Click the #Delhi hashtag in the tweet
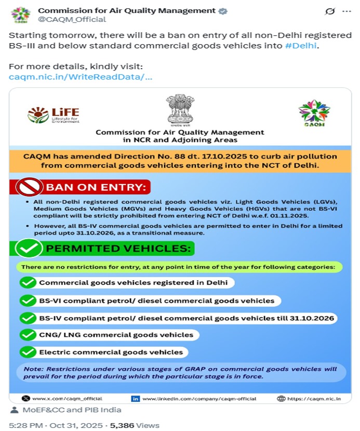301,46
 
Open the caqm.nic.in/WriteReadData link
81,77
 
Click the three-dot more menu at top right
346,11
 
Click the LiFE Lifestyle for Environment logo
54,115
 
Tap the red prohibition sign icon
29,187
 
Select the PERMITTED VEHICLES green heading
120,248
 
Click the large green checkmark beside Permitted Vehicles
29,248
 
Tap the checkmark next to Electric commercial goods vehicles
28,352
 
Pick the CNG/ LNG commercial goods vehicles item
116,335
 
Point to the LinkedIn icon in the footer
136,398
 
